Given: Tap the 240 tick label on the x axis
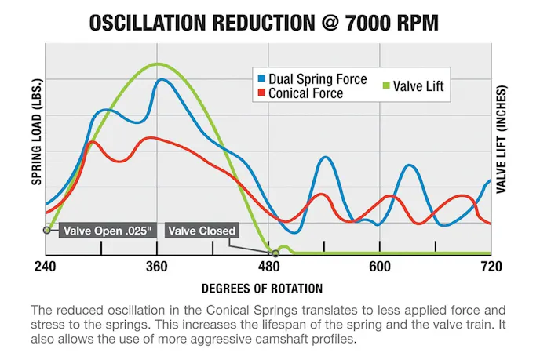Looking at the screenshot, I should point(46,267).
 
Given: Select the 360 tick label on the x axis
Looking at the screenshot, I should point(158,267).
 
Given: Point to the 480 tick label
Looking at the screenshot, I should point(269,267).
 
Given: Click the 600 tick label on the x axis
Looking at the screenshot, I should point(380,267).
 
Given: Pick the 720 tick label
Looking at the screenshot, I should point(491,267).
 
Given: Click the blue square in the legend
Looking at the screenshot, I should point(261,79).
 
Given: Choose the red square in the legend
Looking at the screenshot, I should point(261,93).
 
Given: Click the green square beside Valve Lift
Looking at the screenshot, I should point(385,86).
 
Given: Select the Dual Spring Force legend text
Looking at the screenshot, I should point(317,79).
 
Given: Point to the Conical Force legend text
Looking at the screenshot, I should point(305,93).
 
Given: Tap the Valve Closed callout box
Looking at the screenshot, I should point(202,231).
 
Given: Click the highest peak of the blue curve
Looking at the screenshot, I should point(162,79).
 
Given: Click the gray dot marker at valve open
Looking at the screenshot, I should point(47,231).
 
